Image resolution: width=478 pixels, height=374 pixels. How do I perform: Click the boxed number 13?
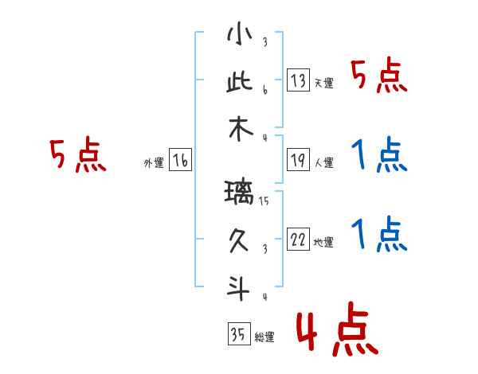tap(298, 80)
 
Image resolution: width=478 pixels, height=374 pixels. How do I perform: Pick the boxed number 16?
tap(181, 161)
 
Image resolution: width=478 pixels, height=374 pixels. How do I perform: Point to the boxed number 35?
tap(237, 335)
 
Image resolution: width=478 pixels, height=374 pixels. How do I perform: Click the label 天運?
tap(323, 83)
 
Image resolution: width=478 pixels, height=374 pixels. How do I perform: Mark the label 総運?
tap(264, 337)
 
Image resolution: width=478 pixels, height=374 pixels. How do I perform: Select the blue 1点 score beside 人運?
tap(379, 155)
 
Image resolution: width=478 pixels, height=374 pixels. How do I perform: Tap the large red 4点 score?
tap(335, 332)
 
